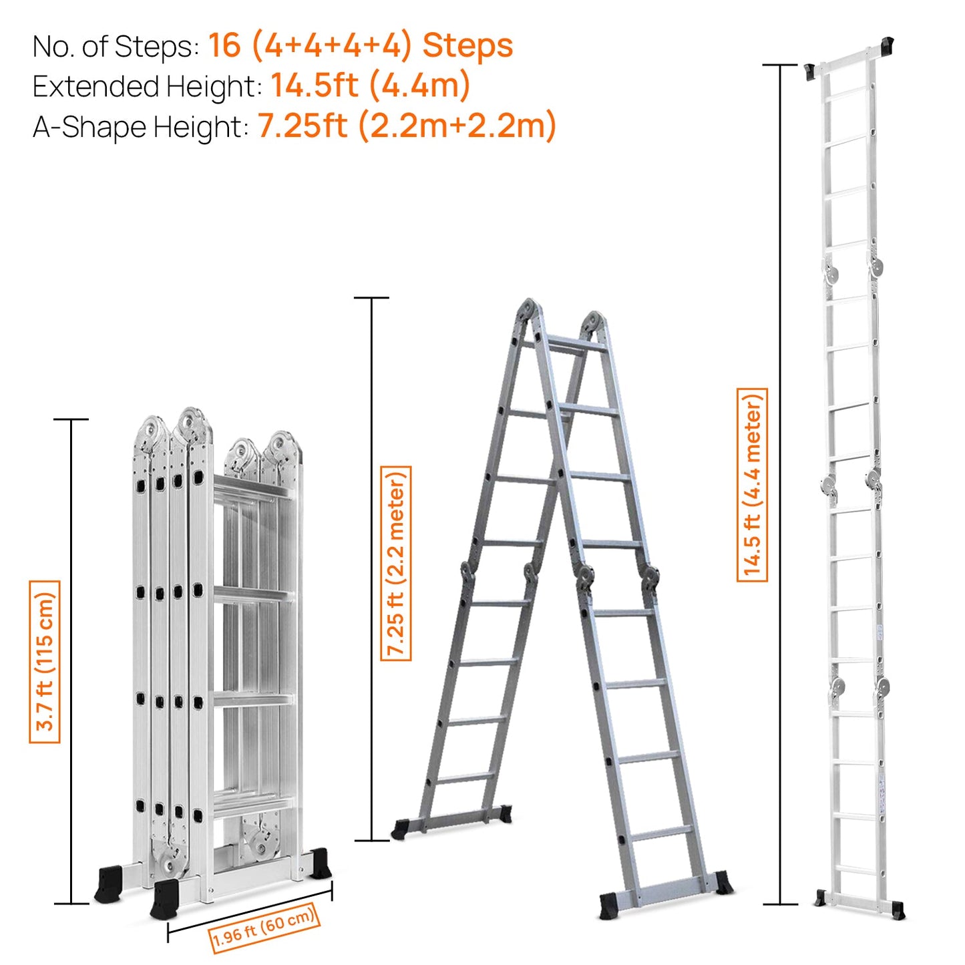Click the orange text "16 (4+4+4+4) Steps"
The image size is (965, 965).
(x=360, y=46)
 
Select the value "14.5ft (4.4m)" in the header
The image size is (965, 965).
(x=370, y=86)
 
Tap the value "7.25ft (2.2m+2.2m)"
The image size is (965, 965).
(x=407, y=126)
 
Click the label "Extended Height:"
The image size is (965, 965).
(x=147, y=87)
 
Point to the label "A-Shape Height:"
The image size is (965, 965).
(x=140, y=127)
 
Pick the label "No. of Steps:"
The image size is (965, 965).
(x=116, y=47)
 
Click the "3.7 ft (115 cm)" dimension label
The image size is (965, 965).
(x=45, y=661)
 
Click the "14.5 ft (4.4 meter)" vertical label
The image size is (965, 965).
(x=752, y=484)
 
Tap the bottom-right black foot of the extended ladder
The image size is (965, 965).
(x=898, y=910)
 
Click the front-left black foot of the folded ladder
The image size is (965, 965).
(x=164, y=899)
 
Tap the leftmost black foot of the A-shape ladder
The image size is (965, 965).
(x=402, y=829)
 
